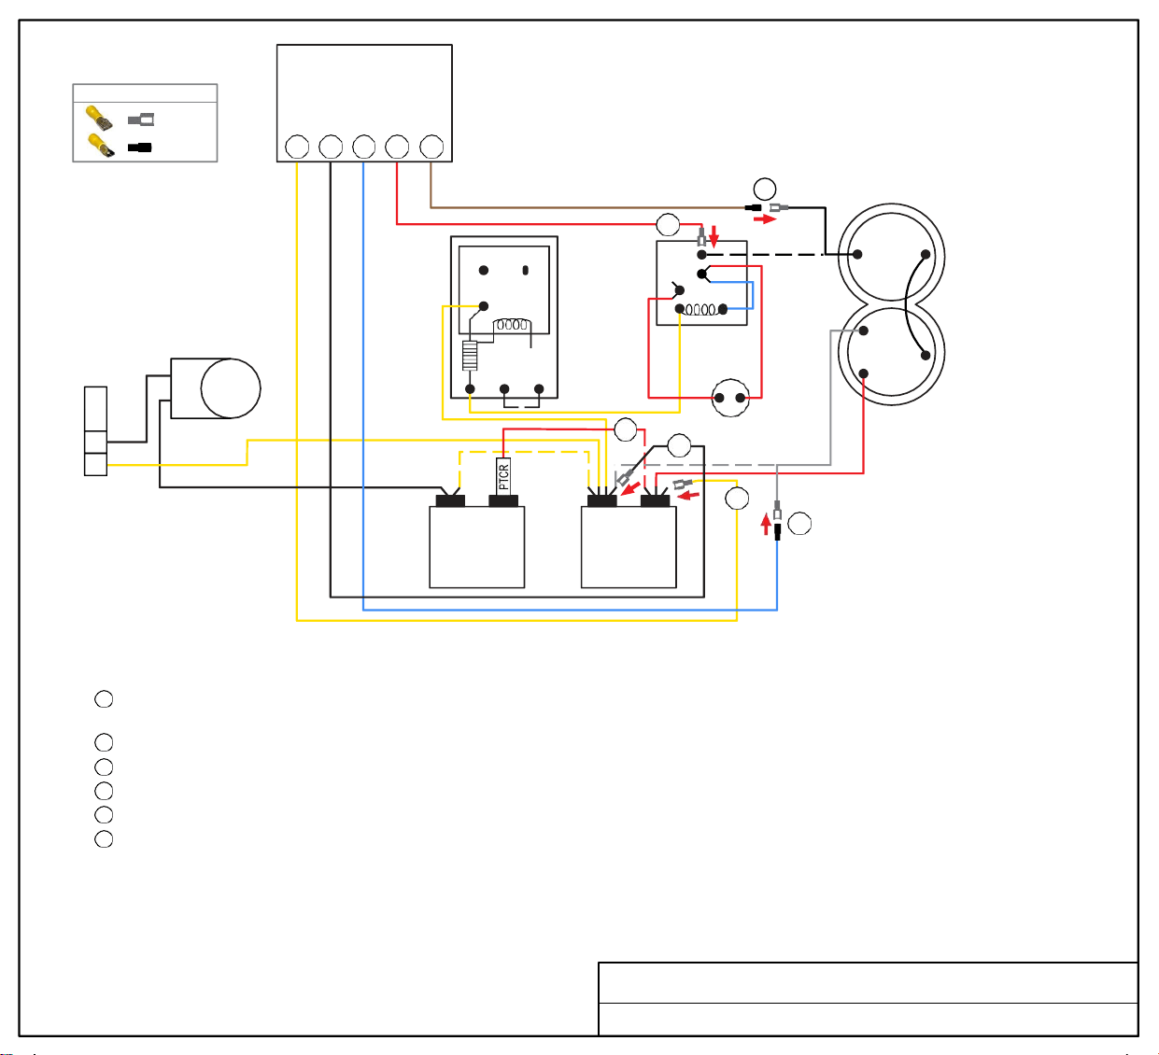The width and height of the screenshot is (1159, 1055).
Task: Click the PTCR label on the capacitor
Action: coord(503,477)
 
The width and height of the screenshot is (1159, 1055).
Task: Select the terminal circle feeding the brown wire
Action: coord(431,147)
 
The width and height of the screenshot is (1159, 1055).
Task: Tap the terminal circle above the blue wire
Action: coord(363,147)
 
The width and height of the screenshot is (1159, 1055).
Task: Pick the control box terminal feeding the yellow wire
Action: coord(297,147)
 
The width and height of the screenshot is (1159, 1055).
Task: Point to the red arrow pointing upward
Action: coord(766,524)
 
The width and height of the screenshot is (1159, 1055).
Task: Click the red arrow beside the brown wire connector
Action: coord(764,219)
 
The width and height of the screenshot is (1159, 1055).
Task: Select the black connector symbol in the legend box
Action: coord(139,148)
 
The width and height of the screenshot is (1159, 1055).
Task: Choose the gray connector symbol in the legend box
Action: coord(141,120)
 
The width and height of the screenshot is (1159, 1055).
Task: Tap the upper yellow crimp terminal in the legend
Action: coord(99,118)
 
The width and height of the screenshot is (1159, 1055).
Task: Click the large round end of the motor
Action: coord(231,388)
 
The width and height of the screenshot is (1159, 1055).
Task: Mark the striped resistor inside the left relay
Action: coord(470,356)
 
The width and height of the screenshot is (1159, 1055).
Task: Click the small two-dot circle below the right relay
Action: coord(730,398)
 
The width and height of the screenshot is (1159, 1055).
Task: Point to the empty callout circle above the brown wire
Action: coord(764,189)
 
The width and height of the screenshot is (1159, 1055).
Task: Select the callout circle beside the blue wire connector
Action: coord(799,524)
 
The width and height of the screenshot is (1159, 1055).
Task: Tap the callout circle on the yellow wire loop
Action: coord(737,498)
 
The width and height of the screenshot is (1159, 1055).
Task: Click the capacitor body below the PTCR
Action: coord(476,547)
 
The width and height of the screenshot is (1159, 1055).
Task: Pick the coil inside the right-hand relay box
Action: coord(700,310)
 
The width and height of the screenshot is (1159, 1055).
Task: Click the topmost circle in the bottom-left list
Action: coord(104,699)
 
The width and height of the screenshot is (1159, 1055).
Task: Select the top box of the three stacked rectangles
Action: coord(95,409)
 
